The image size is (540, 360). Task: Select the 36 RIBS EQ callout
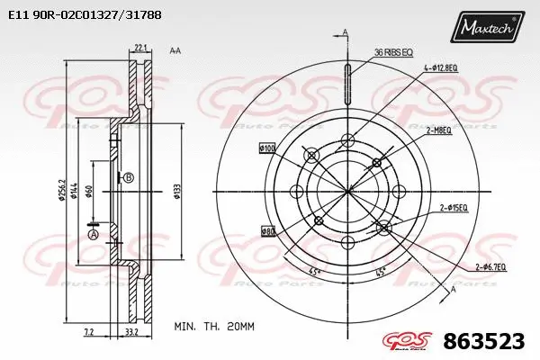[393, 52]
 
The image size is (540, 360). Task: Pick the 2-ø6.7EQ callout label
[491, 267]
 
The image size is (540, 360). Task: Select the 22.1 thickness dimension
[139, 48]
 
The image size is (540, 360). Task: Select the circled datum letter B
[129, 177]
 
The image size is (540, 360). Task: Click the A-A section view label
[175, 50]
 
